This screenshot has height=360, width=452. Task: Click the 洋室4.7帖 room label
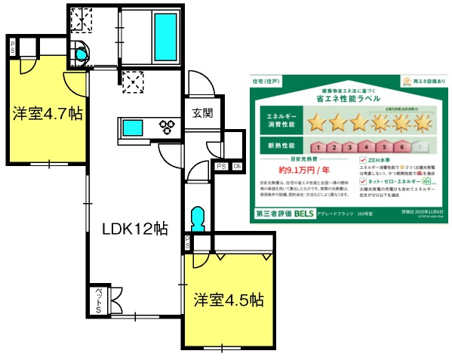pyautogui.click(x=46, y=114)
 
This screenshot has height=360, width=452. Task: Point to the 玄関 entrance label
pyautogui.click(x=201, y=113)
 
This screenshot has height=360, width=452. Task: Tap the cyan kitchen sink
pyautogui.click(x=133, y=127)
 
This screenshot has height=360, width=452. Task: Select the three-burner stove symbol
pyautogui.click(x=167, y=127)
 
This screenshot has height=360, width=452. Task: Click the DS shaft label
pyautogui.click(x=237, y=166)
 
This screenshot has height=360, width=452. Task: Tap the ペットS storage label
pyautogui.click(x=98, y=301)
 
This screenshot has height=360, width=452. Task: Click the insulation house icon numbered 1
pyautogui.click(x=319, y=146)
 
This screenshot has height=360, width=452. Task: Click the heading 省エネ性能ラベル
pyautogui.click(x=348, y=98)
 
